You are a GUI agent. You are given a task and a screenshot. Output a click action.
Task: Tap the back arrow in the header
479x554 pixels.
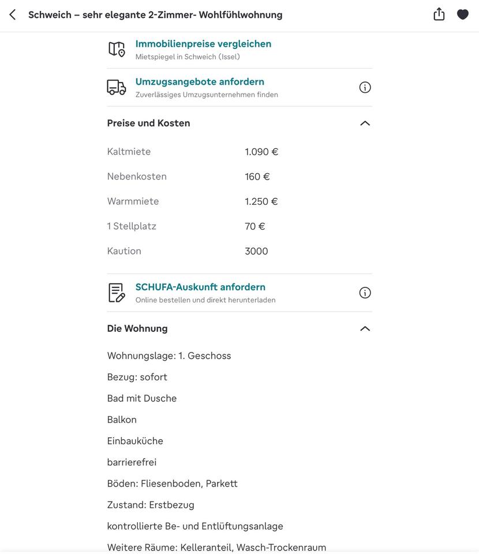coord(13,14)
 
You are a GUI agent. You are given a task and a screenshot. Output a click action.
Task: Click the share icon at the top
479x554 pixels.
coord(439,14)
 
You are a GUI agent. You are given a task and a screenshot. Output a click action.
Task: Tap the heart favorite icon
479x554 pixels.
coord(463,14)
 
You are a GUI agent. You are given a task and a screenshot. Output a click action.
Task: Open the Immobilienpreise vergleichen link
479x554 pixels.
coord(203,44)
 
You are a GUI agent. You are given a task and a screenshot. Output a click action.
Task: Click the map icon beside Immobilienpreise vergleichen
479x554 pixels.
coord(117,49)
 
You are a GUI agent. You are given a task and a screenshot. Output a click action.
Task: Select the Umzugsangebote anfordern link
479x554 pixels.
coord(200,82)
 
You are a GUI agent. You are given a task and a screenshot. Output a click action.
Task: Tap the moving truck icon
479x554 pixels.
coord(117,87)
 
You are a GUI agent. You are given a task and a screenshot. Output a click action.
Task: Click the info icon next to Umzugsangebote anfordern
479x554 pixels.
coord(365,87)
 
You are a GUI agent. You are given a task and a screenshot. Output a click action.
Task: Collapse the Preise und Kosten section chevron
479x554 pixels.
coord(365,123)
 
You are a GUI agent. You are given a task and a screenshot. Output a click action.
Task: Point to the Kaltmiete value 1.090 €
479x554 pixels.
coord(261,152)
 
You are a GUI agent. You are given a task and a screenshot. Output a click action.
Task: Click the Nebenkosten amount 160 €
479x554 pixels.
coord(257,177)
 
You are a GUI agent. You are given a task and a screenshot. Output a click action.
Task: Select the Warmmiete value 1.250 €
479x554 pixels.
coord(261,201)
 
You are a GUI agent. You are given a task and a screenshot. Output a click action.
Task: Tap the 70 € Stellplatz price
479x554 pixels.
coord(255,226)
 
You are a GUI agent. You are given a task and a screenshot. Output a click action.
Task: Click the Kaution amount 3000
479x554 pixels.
coord(256,251)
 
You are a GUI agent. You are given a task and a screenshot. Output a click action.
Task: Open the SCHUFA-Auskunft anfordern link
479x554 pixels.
coord(200,287)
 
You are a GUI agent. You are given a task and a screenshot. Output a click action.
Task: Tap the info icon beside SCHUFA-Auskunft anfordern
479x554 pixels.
coord(365,293)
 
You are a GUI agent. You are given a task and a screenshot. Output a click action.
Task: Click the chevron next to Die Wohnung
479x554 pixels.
coord(365,328)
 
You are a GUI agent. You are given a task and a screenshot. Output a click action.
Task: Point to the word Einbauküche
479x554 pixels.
coord(135,441)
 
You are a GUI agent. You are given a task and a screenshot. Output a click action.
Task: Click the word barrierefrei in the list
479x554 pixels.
coord(132,462)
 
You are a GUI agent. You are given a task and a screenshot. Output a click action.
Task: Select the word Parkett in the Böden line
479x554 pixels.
coord(222,484)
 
